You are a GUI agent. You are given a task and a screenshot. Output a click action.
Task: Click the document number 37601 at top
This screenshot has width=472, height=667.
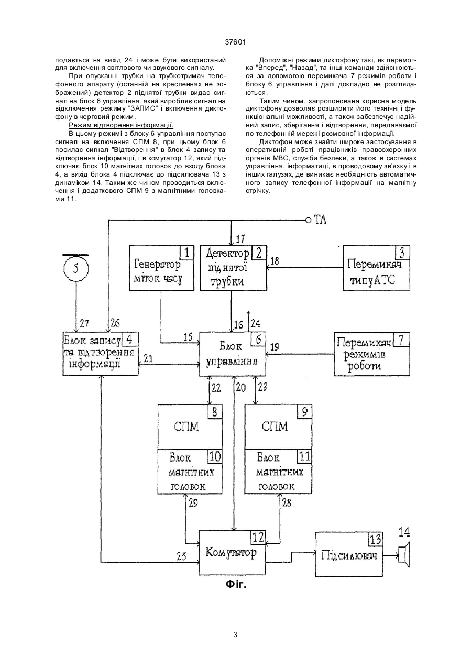(x=235, y=42)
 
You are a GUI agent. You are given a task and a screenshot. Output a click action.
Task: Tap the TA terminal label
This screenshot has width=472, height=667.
(x=320, y=220)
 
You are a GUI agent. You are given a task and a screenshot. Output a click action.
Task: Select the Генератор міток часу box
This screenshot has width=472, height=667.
(x=161, y=268)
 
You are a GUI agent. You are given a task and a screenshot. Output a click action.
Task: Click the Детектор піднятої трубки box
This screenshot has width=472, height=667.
(x=233, y=268)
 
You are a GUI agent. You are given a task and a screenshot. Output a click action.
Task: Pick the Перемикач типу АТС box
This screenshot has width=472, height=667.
(x=377, y=268)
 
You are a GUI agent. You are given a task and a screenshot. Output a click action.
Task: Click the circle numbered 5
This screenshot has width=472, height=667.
(x=76, y=268)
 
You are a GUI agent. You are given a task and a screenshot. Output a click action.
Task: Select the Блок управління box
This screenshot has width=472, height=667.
(x=232, y=354)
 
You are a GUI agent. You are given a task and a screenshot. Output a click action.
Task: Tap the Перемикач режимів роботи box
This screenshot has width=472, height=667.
(x=372, y=354)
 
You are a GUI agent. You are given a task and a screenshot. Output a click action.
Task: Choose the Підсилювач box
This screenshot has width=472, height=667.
(x=349, y=554)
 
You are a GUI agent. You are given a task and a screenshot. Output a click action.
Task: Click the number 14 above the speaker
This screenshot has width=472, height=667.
(x=404, y=532)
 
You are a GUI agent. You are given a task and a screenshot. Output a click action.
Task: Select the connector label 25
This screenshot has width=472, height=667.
(x=181, y=556)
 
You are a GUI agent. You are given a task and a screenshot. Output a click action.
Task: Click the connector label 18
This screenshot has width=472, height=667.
(x=275, y=261)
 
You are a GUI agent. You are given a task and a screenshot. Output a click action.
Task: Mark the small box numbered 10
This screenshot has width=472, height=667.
(x=215, y=456)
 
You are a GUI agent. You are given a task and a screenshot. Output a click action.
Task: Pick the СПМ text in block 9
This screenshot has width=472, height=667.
(x=275, y=427)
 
